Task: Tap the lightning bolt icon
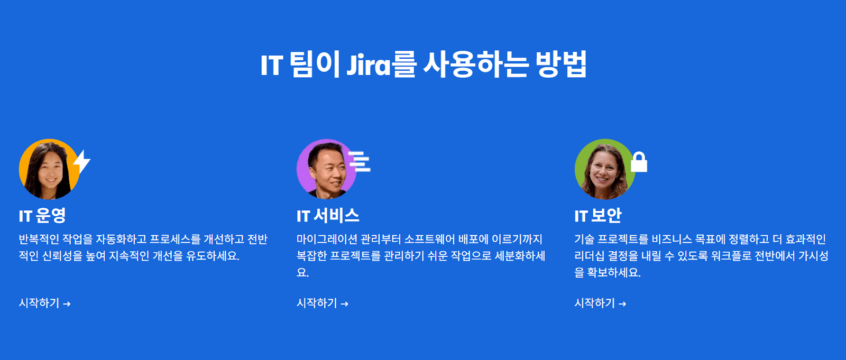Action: [81, 162]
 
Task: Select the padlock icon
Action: [639, 162]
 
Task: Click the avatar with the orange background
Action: [49, 169]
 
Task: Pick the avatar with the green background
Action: [604, 169]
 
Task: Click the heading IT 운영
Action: [42, 216]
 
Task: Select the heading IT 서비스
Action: [328, 216]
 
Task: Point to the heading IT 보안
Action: [598, 216]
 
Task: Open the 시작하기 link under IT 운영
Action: [39, 303]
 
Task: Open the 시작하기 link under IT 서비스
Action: [317, 303]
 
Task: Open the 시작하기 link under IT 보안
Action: [595, 303]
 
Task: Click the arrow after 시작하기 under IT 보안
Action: [622, 304]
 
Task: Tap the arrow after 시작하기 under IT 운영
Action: [67, 304]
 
